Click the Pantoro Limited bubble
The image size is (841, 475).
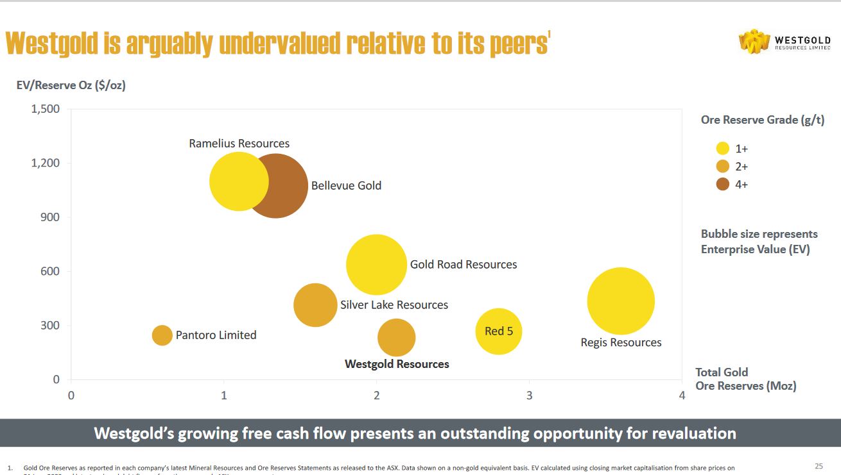[162, 335]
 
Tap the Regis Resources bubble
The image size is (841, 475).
[621, 301]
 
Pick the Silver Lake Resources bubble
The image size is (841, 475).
[315, 305]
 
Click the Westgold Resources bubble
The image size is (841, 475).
[397, 338]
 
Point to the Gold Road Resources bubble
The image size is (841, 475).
[376, 265]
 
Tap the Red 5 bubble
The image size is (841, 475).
[499, 331]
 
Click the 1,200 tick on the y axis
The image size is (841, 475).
[46, 163]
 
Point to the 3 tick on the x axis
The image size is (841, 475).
[529, 396]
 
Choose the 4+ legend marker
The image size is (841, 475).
[723, 185]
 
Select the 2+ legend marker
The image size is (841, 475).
[723, 167]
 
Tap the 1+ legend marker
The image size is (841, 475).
[723, 149]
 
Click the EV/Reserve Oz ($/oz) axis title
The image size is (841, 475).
[71, 85]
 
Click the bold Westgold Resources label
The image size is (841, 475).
[397, 364]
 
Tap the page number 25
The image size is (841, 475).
[819, 466]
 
